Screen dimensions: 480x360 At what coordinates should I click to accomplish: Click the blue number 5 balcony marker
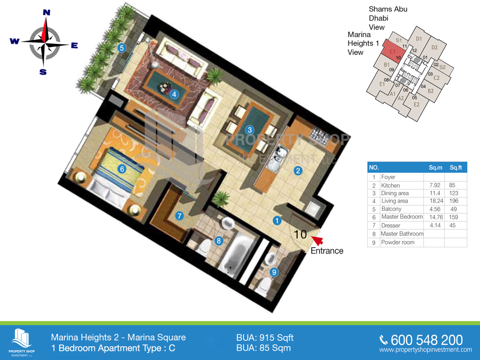(x=122, y=48)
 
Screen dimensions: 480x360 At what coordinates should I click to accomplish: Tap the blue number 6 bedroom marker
(x=122, y=169)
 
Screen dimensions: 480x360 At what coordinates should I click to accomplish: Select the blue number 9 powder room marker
(x=274, y=272)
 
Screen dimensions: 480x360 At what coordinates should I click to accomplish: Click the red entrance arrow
(x=317, y=240)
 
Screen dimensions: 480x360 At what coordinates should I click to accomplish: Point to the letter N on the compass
(x=46, y=12)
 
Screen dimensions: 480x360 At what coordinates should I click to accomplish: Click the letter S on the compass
(x=43, y=72)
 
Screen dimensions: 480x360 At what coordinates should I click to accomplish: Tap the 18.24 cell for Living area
(x=436, y=201)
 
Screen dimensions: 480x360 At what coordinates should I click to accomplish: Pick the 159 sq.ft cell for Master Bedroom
(x=453, y=217)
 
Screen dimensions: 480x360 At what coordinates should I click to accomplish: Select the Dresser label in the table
(x=390, y=225)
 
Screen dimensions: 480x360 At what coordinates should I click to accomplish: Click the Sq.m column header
(x=435, y=168)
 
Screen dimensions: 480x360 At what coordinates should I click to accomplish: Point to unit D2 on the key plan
(x=434, y=48)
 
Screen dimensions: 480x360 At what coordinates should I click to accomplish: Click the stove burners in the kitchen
(x=320, y=135)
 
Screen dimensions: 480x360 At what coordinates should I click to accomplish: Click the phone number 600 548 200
(x=426, y=340)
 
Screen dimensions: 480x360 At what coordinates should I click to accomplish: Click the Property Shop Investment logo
(x=22, y=342)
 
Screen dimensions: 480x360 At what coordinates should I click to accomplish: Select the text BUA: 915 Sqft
(x=265, y=338)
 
